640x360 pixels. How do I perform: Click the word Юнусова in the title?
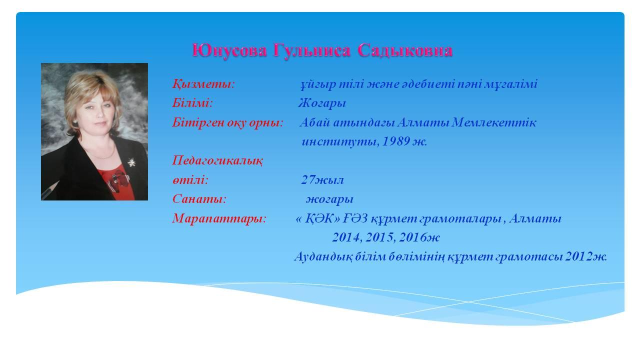coord(229,50)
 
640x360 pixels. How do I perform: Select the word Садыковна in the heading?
coord(405,50)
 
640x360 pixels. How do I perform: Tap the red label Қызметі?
coord(203,84)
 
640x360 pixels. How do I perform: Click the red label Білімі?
coord(192,103)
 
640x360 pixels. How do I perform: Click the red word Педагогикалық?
coord(217,160)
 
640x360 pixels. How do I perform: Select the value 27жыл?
coord(322,180)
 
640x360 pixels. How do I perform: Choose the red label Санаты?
coord(199,199)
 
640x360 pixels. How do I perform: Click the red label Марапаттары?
coord(219,219)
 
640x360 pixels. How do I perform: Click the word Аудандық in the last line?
coord(323,257)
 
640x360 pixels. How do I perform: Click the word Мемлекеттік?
coord(494,122)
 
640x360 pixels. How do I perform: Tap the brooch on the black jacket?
coord(131,162)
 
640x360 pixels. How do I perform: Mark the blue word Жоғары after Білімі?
coord(322,103)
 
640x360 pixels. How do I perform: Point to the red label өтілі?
coord(190,180)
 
